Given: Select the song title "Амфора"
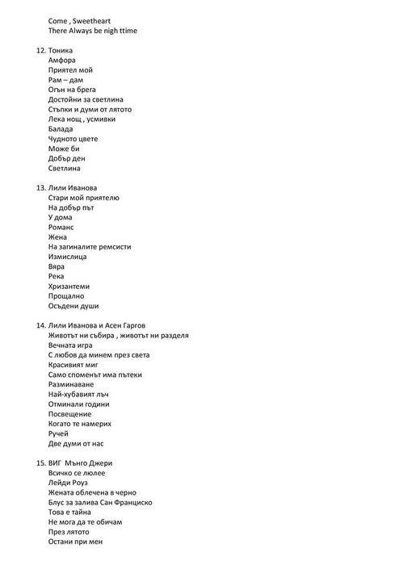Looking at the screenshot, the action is [x=65, y=60].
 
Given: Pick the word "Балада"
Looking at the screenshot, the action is [x=61, y=129].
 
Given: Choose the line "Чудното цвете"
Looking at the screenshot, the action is [x=73, y=139].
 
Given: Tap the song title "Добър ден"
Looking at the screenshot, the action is [x=66, y=159].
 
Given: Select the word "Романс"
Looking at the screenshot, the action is [x=62, y=228].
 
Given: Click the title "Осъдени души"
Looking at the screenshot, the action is [x=73, y=306].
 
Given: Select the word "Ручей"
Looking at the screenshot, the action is [x=60, y=433].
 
